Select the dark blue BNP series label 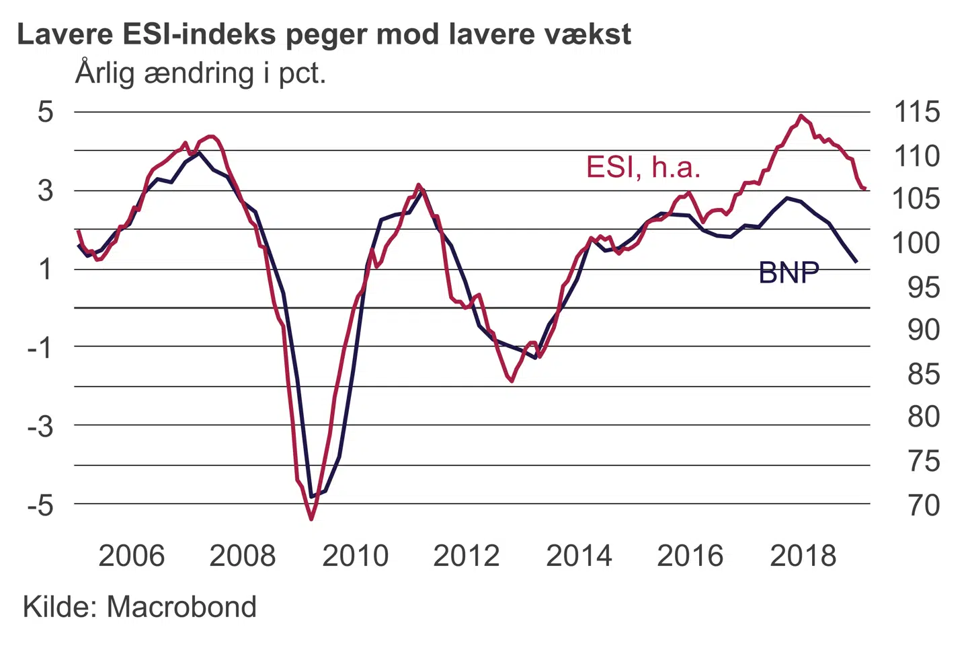(x=789, y=273)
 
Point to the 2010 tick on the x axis (x=355, y=556)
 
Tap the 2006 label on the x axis (x=132, y=556)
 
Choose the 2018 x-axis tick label (x=803, y=556)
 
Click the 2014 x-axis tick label (x=579, y=556)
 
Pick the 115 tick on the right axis (x=916, y=112)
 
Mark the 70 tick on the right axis (x=924, y=505)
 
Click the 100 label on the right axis (x=916, y=242)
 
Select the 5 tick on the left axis (x=45, y=112)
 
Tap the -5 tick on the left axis (x=40, y=505)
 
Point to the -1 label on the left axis (x=40, y=347)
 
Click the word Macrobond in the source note (x=182, y=607)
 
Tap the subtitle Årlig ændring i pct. (x=200, y=73)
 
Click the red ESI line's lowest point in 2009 (x=311, y=519)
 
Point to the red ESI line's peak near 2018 (x=800, y=116)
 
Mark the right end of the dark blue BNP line (x=856, y=262)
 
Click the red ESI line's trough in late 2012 (x=512, y=381)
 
